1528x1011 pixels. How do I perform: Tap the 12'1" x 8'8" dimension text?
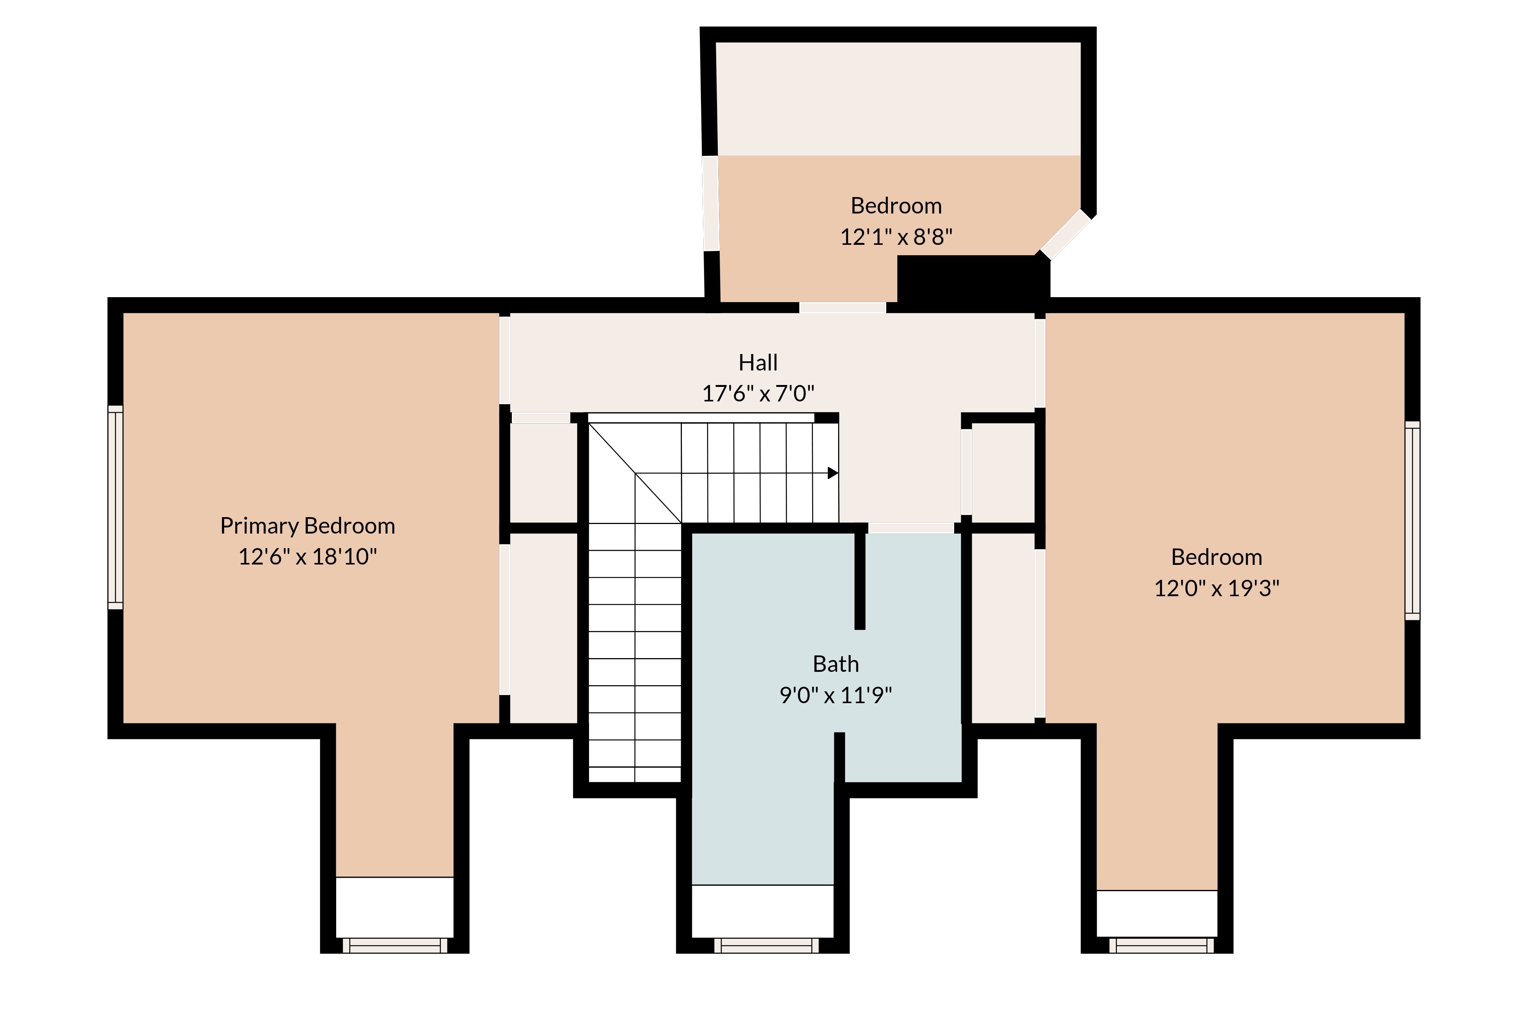pos(896,237)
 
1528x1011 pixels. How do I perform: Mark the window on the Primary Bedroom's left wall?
pos(115,508)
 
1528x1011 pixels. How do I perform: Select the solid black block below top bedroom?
pos(972,282)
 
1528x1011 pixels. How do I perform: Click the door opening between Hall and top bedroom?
pos(843,307)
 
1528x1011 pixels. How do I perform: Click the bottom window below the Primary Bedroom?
pos(395,946)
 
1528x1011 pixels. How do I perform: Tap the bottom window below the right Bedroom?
pos(1161,946)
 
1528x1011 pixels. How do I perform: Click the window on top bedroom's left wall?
pos(710,203)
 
